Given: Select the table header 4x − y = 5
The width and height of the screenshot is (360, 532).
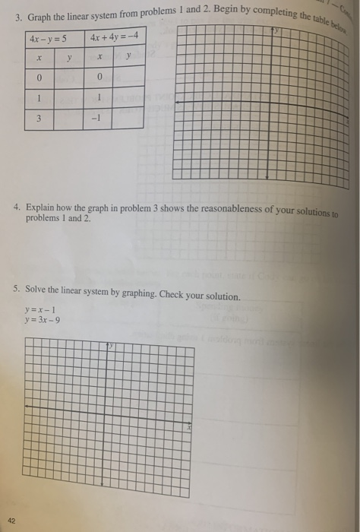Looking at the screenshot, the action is point(46,38).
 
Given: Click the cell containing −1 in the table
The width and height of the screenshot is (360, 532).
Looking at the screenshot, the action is point(97,119).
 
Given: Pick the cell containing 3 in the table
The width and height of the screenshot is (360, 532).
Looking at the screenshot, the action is point(37,119).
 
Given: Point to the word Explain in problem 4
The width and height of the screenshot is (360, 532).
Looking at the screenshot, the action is point(40,207).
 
